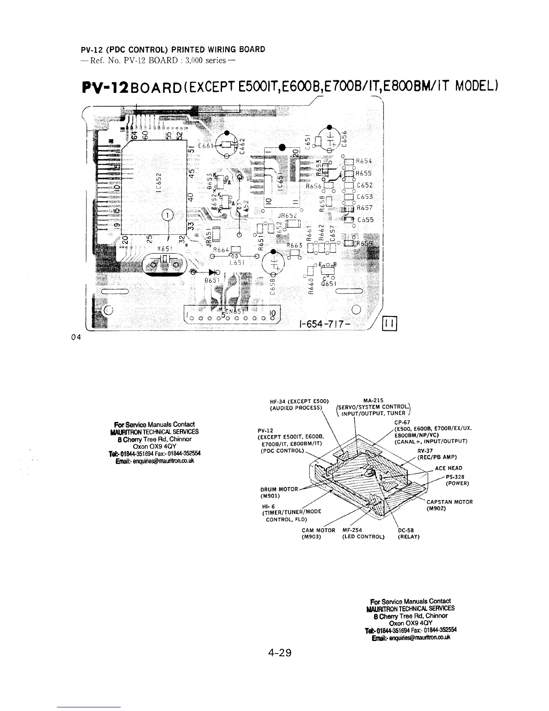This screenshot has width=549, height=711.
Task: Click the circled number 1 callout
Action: pos(167,215)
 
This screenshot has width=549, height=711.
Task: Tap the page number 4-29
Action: pos(279,653)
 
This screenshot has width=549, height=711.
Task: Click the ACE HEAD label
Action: pos(448,468)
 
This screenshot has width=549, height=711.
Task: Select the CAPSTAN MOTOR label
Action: pos(449,502)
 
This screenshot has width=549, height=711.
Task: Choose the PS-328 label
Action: pos(455,477)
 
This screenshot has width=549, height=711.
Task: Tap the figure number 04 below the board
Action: pos(76,337)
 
